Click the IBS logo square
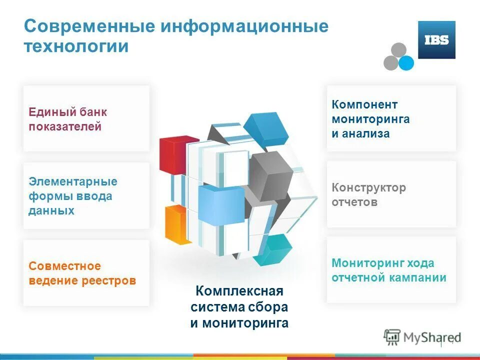(x=436, y=40)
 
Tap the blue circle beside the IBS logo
(x=406, y=62)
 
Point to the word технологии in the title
(x=76, y=46)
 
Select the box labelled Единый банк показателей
(x=86, y=119)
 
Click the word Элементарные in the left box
(x=73, y=181)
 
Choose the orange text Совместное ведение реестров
(x=82, y=273)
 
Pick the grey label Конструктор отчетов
(x=368, y=195)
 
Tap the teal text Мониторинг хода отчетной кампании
(x=388, y=270)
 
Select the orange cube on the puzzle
(x=175, y=223)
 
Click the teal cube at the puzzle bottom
(x=273, y=250)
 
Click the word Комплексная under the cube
(x=239, y=291)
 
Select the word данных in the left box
(x=51, y=210)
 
